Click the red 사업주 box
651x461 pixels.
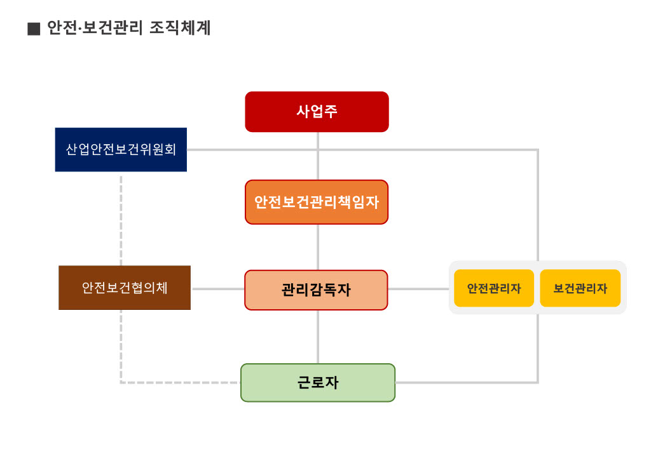coord(317,112)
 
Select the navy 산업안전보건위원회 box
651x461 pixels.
coord(121,150)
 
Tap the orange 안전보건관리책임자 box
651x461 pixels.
coord(317,202)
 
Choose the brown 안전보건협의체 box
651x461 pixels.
coord(125,288)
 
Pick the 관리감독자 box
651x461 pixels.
coord(316,290)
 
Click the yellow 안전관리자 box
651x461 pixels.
coord(494,288)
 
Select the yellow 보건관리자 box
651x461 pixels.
coord(580,288)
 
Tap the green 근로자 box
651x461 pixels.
coord(318,383)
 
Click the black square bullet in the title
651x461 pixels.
coord(34,29)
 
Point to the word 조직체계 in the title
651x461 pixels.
coord(180,29)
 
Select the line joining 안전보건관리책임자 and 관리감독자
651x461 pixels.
coord(318,247)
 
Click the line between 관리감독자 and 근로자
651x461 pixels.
coord(318,337)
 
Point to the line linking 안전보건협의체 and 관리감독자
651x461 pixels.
coord(217,289)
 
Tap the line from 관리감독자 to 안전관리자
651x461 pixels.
coord(418,289)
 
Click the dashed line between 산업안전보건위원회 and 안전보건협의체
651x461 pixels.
coord(121,218)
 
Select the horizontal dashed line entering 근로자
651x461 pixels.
coord(181,382)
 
